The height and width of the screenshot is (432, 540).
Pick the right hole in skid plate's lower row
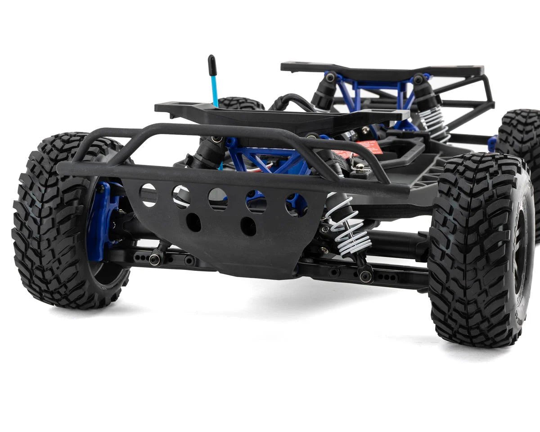pos(248,226)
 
